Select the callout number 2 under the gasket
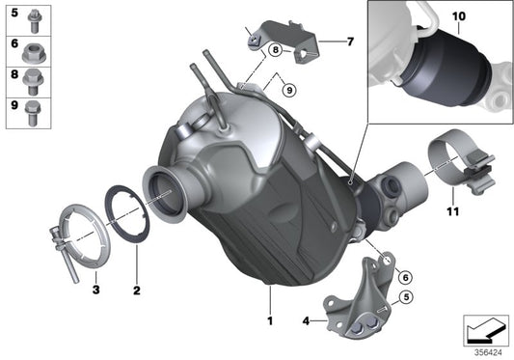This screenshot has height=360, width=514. [137, 290]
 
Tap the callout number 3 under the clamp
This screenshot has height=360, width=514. [95, 290]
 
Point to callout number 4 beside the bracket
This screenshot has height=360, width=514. [307, 319]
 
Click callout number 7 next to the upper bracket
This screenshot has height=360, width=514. [350, 42]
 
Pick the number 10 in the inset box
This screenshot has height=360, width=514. [457, 17]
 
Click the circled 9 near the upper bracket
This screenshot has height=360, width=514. [286, 89]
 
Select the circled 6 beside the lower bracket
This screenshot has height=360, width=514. [406, 277]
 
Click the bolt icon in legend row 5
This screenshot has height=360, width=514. [33, 16]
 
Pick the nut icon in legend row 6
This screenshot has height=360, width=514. [33, 45]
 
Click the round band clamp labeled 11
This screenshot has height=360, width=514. [447, 153]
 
